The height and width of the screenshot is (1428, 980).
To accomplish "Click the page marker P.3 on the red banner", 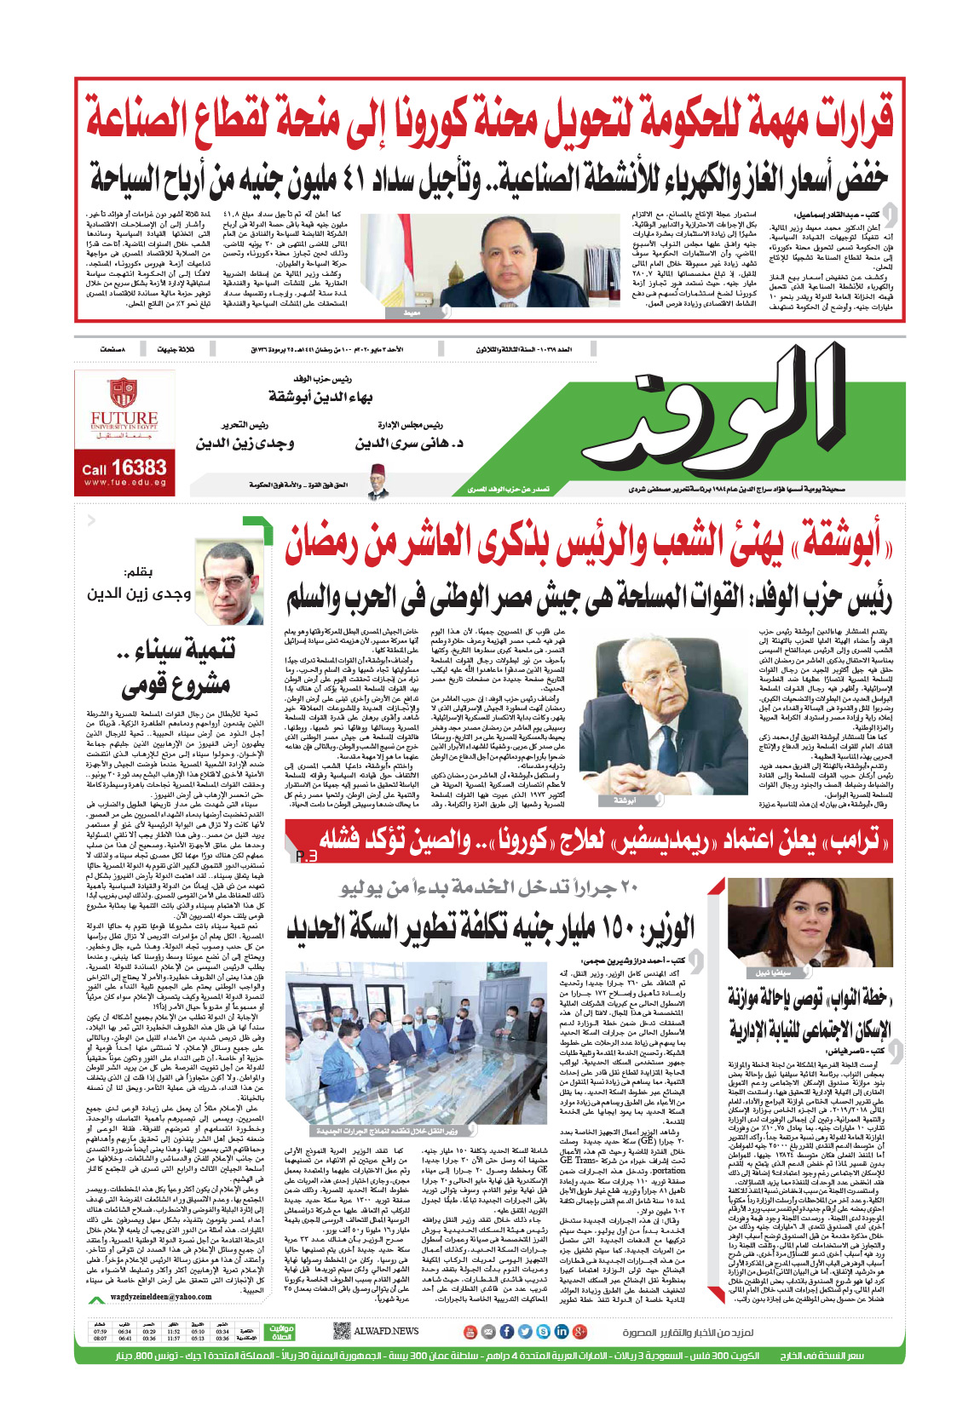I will point(306,855).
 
